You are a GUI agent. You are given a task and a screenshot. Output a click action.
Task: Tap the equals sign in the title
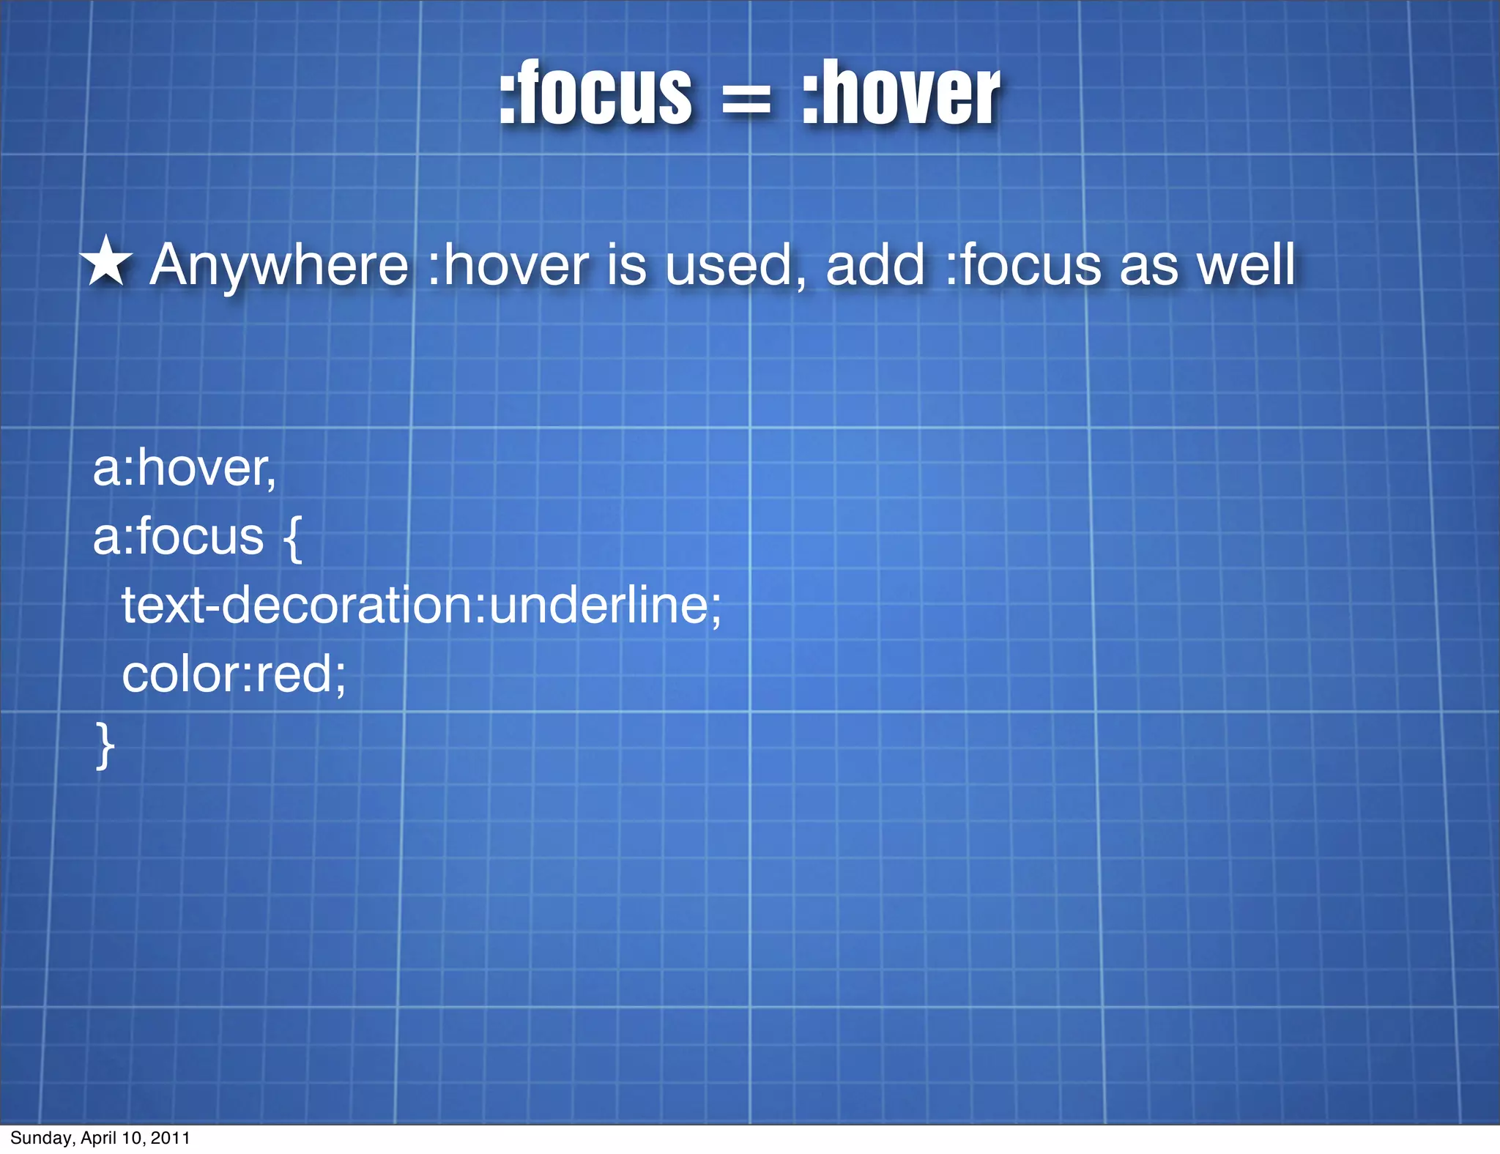(x=746, y=100)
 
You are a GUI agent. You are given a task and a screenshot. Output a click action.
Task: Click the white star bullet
(x=106, y=261)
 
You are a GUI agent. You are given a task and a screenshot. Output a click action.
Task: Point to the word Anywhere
(x=279, y=265)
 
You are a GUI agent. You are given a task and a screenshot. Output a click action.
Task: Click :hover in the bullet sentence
(x=508, y=265)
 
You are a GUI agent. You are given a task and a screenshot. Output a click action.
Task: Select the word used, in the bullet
(x=735, y=265)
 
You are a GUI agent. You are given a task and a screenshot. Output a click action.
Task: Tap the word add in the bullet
(x=875, y=265)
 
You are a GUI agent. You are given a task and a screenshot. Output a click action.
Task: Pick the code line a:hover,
(x=185, y=469)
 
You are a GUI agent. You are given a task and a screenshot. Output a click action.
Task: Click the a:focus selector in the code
(x=178, y=537)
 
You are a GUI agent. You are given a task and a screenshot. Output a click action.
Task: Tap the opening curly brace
(x=292, y=538)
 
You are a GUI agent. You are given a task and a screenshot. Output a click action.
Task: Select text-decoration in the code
(x=297, y=606)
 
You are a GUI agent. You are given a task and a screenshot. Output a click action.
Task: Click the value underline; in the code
(x=605, y=606)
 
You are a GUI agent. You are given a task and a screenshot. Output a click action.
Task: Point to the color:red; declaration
(x=234, y=674)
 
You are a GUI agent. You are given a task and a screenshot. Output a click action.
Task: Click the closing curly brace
(x=105, y=745)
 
